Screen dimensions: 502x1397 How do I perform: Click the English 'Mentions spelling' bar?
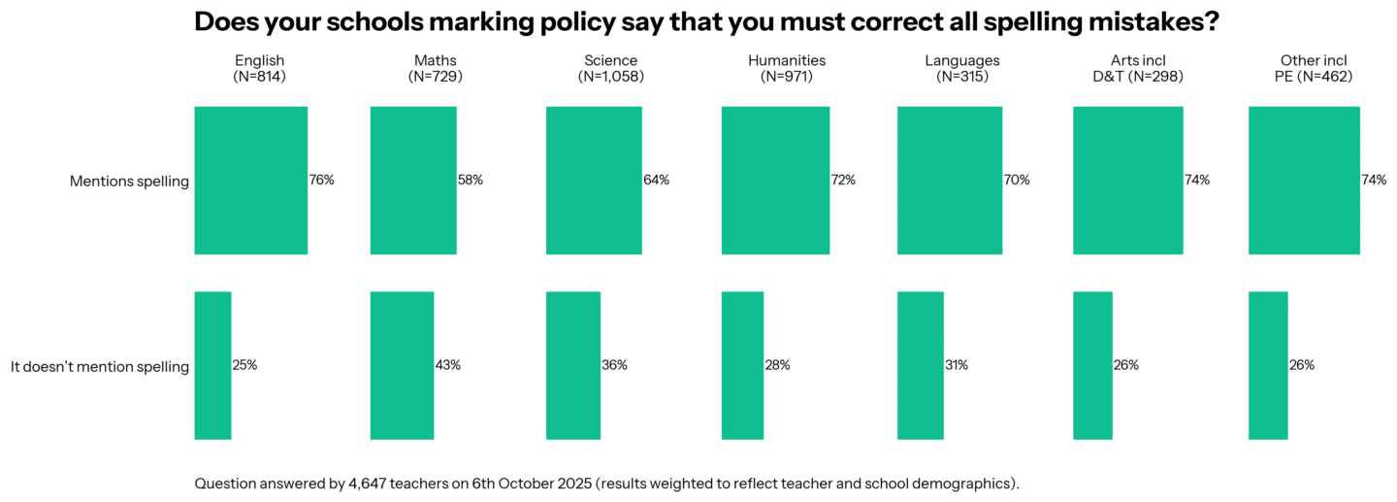250,181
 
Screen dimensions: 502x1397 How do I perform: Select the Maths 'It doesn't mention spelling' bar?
402,365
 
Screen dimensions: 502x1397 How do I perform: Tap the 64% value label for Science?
656,181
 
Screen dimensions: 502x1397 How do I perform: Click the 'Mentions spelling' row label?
129,181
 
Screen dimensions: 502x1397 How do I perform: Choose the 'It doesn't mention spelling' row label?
99,366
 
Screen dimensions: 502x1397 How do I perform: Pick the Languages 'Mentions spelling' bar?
949,181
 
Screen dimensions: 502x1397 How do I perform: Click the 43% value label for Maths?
447,365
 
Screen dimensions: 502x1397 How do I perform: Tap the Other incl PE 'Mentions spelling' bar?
1303,181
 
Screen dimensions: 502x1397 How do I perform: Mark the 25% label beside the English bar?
244,365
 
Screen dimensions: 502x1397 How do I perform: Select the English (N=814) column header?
259,68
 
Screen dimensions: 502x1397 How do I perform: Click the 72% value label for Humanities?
842,181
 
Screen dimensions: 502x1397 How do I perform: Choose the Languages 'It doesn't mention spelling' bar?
920,365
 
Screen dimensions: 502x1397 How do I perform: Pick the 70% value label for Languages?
1017,181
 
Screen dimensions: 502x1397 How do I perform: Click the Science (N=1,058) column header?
610,68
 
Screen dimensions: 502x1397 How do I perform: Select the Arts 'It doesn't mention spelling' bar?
1092,365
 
